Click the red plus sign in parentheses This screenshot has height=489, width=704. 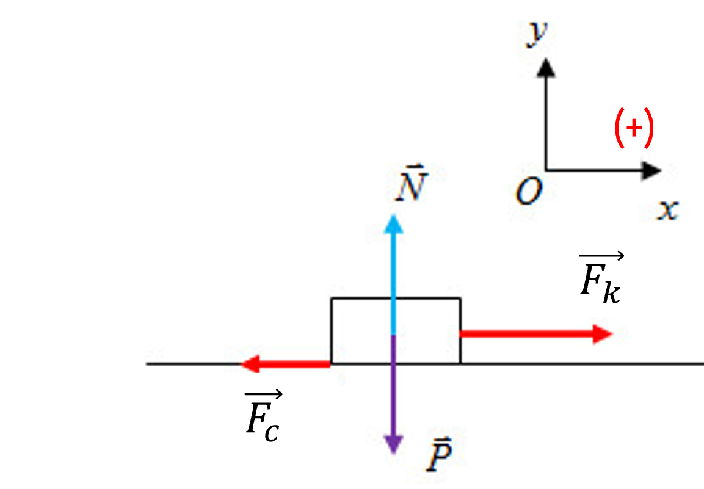tap(634, 128)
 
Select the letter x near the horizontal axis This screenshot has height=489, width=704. tap(667, 209)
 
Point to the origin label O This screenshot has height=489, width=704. tap(529, 191)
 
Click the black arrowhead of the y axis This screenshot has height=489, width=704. tap(546, 68)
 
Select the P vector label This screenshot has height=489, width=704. tap(438, 454)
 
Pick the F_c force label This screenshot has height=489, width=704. tap(264, 417)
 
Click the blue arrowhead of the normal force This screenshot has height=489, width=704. tap(394, 224)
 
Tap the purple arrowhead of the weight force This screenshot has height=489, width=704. tap(394, 444)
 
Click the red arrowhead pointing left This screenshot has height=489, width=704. tap(250, 364)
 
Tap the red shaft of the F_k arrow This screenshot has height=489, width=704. tap(527, 334)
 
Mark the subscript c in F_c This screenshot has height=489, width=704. tap(272, 432)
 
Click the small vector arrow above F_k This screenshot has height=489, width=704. tap(601, 256)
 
